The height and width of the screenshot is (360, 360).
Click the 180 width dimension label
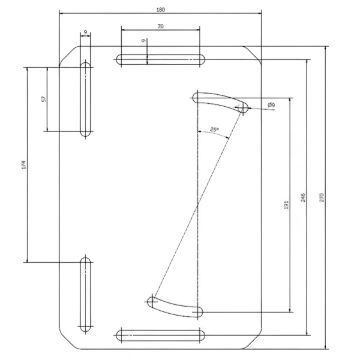coord(160,10)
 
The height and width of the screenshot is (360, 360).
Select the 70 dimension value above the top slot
coord(160,26)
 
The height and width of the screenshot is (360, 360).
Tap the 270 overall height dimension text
coord(322,197)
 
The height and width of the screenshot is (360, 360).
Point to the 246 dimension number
coord(303,197)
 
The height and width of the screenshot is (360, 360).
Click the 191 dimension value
coord(286,205)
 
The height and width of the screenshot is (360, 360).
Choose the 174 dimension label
coord(23,165)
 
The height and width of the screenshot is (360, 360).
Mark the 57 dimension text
coord(43,99)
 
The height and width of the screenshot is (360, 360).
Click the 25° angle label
coord(214,130)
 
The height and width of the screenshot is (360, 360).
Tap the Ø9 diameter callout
coord(271,105)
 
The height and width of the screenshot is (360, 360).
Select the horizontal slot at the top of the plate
coord(160,59)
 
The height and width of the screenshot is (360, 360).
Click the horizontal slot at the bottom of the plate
coord(160,335)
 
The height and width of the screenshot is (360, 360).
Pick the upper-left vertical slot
coord(86,100)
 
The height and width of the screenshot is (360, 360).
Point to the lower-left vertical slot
coord(86,295)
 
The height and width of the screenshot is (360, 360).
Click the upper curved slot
coord(220,102)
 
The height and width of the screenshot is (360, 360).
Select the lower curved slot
coord(175,307)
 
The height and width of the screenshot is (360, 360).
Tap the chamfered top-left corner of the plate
coord(70,56)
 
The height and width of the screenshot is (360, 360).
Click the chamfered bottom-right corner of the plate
coord(251,339)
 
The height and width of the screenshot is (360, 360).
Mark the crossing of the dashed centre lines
coord(198,205)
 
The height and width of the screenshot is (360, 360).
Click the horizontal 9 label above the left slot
coord(85,32)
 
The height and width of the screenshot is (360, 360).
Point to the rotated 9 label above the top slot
coord(144,41)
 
